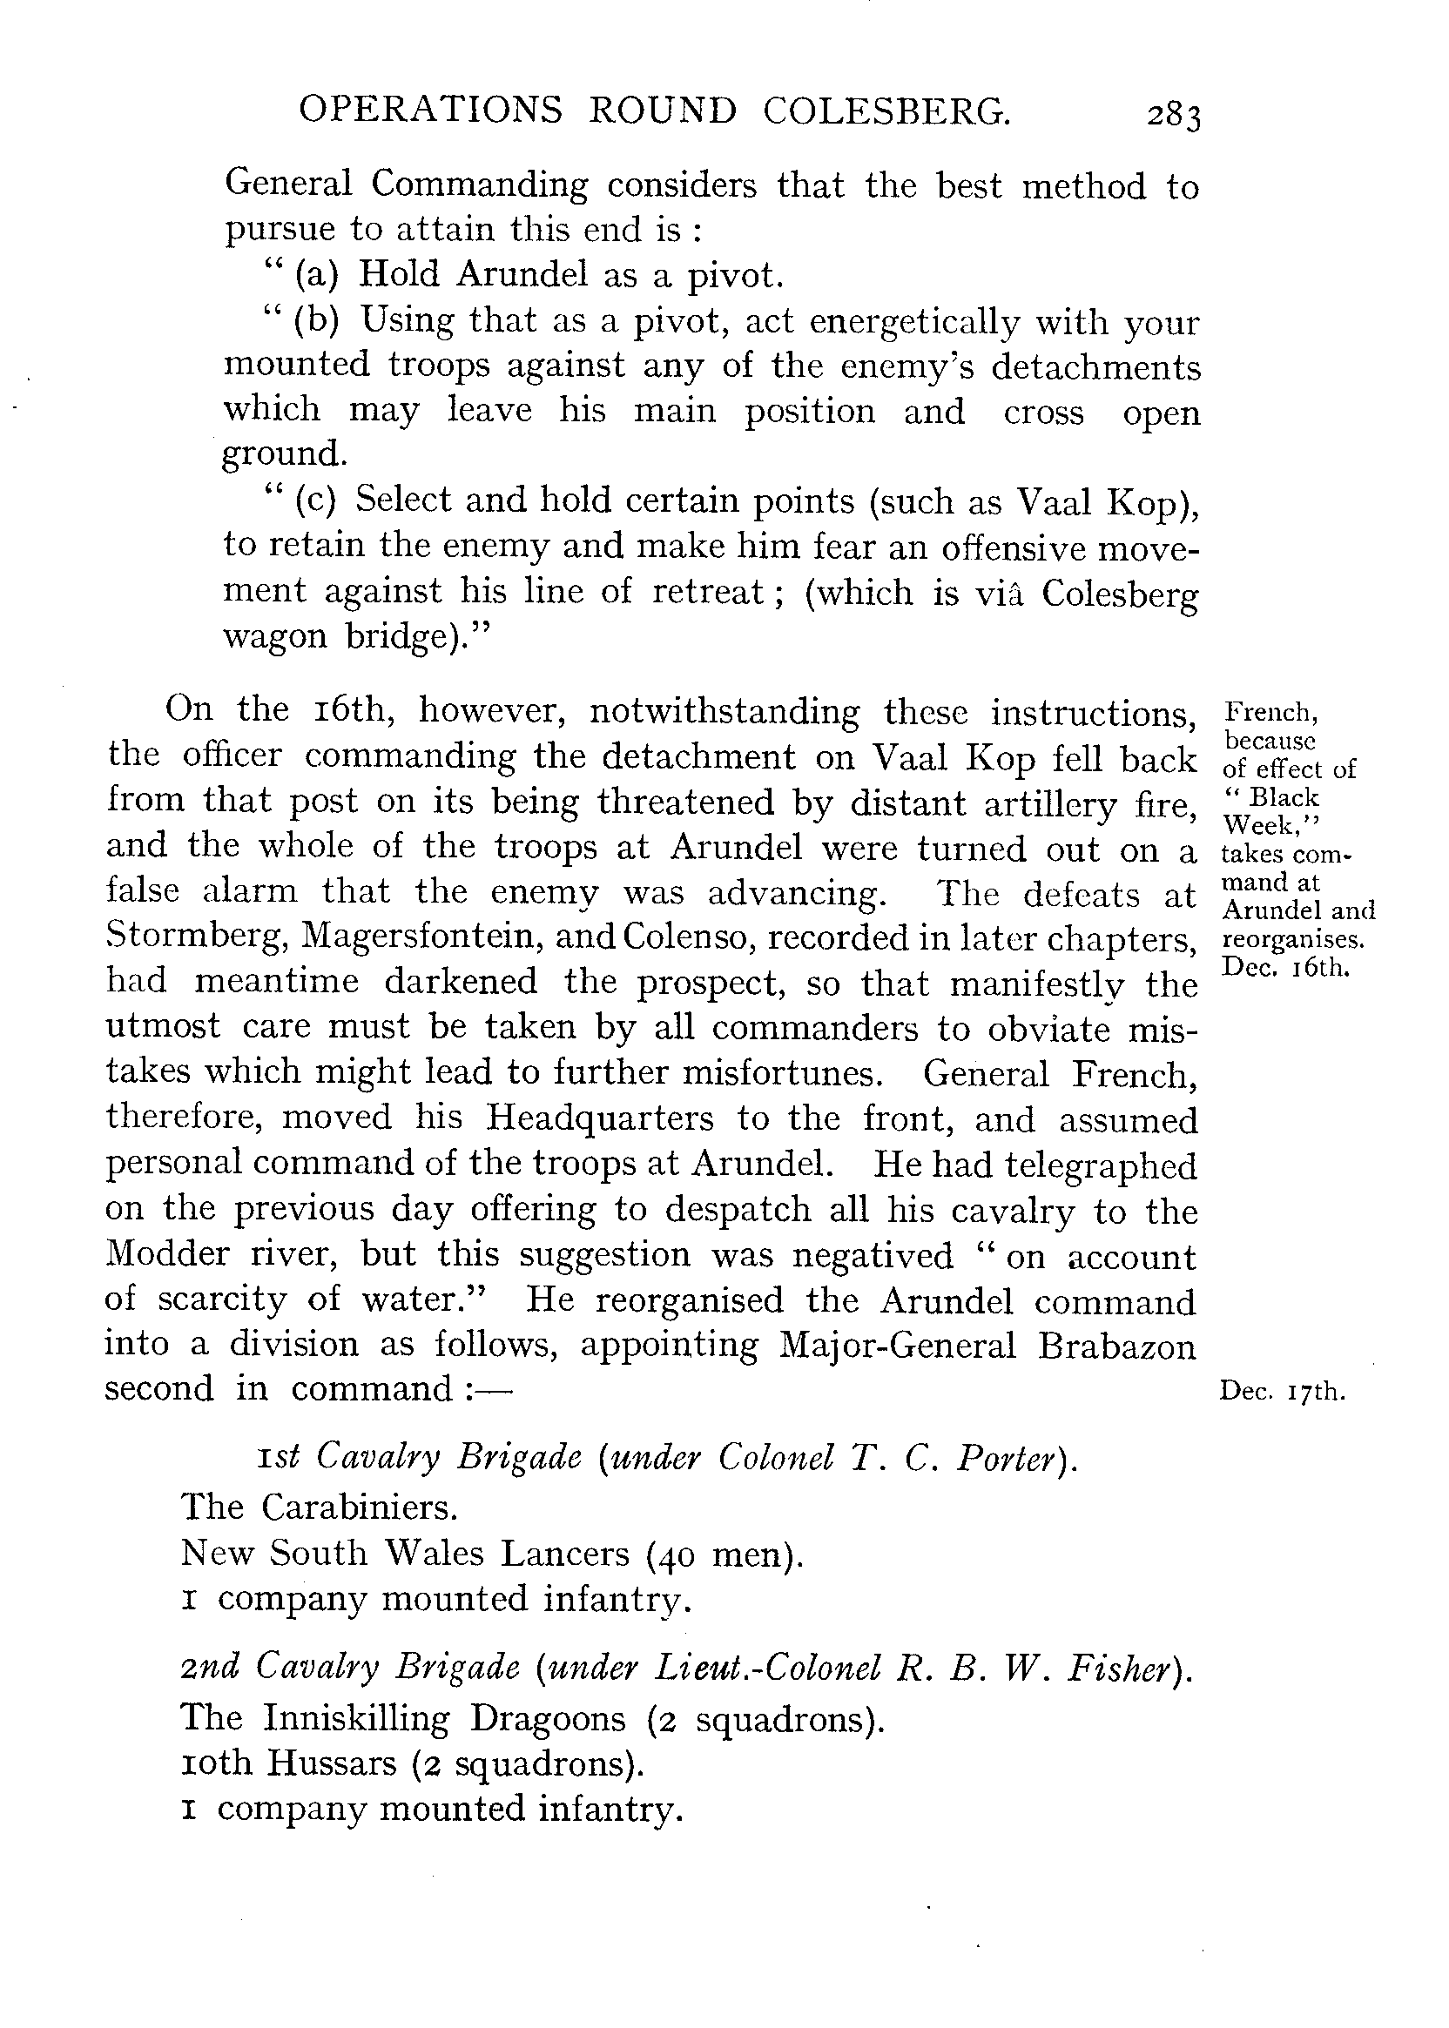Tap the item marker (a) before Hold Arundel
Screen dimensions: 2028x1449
(x=317, y=275)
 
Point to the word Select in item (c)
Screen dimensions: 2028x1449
(x=404, y=500)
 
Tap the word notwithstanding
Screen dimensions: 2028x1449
(x=725, y=712)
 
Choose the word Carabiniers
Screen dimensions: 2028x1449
(x=360, y=1508)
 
